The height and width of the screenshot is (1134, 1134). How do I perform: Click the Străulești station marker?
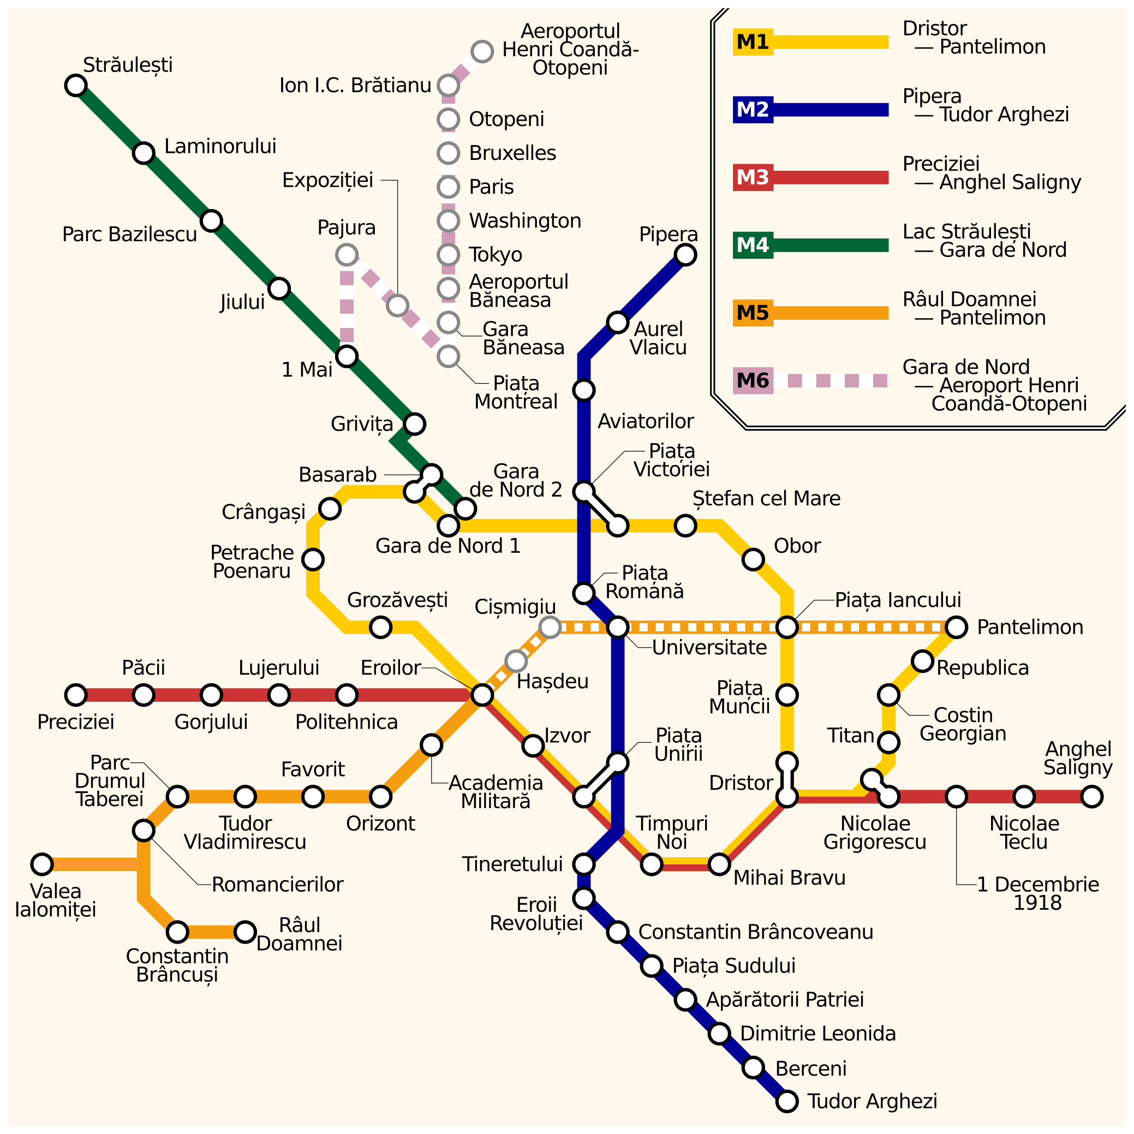(76, 86)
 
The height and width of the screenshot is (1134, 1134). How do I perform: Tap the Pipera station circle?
(685, 255)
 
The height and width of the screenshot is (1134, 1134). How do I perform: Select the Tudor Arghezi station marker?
(787, 1102)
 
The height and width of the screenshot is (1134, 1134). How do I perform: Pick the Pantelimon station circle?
(957, 628)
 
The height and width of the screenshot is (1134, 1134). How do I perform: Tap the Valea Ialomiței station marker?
(42, 864)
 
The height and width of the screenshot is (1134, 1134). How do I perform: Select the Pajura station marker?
(347, 255)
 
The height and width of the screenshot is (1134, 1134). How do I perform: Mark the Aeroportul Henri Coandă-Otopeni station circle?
(482, 52)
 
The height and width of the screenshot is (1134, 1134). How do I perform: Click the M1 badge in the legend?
(753, 42)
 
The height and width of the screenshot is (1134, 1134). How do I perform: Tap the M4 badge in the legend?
(753, 246)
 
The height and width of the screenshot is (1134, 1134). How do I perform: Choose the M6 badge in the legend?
(753, 381)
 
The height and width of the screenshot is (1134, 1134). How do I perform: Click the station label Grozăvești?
(397, 600)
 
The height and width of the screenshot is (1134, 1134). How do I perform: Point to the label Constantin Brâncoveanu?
(756, 932)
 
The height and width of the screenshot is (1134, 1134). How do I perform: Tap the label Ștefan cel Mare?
(767, 499)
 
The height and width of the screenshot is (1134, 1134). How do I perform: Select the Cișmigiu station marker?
(550, 628)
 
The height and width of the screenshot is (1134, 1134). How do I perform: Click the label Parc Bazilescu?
(130, 235)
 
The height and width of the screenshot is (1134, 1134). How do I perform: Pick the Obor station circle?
(753, 560)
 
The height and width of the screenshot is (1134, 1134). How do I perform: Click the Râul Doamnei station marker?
(246, 932)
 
